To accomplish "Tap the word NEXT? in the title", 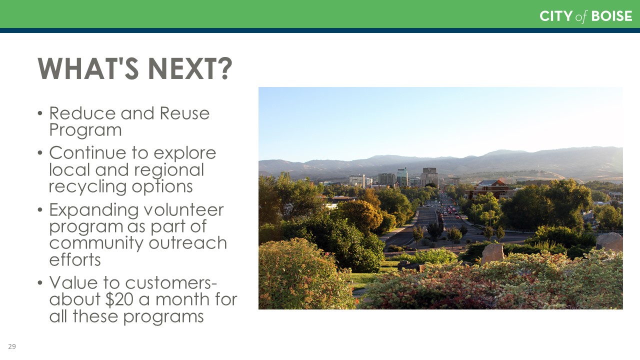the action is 190,68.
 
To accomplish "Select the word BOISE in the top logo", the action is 611,16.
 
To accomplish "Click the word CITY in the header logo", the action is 556,16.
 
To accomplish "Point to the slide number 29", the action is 12,346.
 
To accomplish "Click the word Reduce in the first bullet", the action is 82,113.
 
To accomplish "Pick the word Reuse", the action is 184,113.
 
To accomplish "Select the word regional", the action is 169,171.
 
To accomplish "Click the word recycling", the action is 87,187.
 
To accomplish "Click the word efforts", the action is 75,259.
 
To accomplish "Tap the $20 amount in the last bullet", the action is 119,299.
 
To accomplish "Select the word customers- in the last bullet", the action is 171,283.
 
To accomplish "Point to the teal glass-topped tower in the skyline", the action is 402,177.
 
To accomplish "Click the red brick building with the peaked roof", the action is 491,188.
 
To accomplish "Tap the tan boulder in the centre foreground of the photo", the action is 492,253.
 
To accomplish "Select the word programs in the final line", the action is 163,317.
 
